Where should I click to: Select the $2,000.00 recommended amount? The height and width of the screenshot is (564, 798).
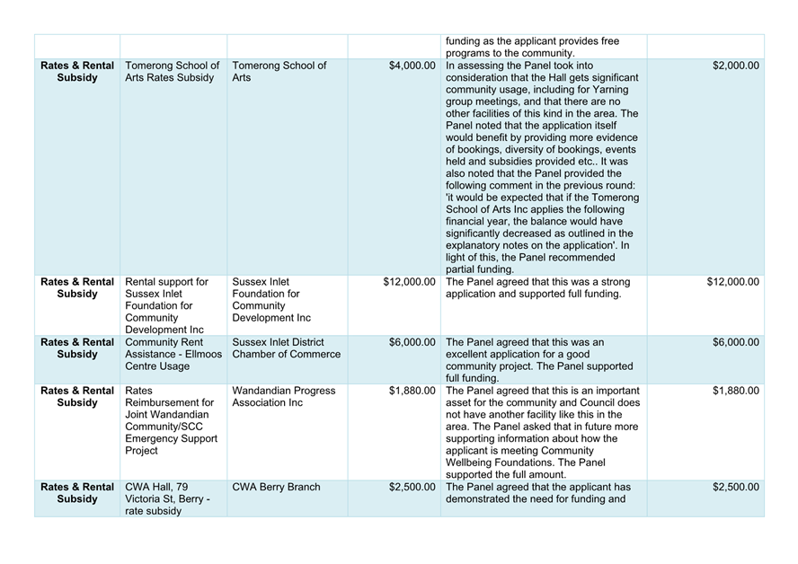735,66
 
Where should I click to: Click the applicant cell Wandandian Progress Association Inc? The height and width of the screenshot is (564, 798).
283,397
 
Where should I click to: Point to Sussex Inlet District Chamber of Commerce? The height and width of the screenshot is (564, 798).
286,348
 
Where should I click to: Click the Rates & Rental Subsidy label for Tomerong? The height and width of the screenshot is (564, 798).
77,72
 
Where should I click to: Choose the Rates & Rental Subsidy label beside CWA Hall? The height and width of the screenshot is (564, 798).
77,493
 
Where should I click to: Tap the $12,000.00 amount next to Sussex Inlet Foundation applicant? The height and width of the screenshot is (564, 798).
409,281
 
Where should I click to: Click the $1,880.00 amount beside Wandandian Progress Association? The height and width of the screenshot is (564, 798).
412,391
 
